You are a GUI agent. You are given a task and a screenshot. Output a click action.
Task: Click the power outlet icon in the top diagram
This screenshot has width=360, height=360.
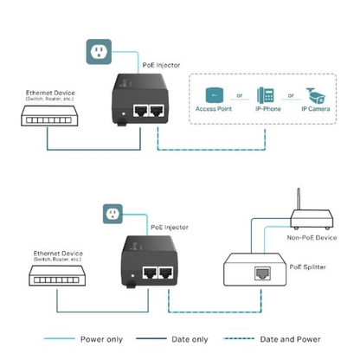click(x=100, y=54)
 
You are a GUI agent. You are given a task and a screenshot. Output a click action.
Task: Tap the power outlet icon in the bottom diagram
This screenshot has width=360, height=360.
click(x=112, y=212)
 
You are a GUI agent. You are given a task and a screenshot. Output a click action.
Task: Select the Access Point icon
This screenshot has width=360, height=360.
click(x=215, y=96)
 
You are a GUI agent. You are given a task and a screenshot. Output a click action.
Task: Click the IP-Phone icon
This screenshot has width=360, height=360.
click(x=267, y=95)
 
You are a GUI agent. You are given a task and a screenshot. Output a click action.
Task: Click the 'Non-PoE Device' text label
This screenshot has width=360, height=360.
click(x=312, y=235)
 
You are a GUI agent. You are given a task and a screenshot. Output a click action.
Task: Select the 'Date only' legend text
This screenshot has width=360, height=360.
click(x=194, y=339)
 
